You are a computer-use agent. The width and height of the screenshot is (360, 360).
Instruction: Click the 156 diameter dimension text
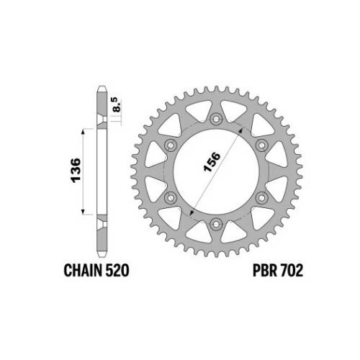(212, 162)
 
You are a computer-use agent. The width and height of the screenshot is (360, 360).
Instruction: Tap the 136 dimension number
(76, 170)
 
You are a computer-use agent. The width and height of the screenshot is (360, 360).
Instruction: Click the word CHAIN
(83, 270)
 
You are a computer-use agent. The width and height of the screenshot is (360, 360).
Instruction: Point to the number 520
(117, 270)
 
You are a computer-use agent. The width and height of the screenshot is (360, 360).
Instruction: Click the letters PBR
(264, 270)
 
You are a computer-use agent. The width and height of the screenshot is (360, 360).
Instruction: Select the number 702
(291, 270)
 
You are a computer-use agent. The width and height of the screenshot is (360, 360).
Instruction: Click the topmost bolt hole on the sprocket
(216, 119)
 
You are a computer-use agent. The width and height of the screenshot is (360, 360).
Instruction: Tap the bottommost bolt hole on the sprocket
(216, 224)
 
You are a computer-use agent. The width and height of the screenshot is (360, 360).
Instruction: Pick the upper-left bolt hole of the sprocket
(170, 145)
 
